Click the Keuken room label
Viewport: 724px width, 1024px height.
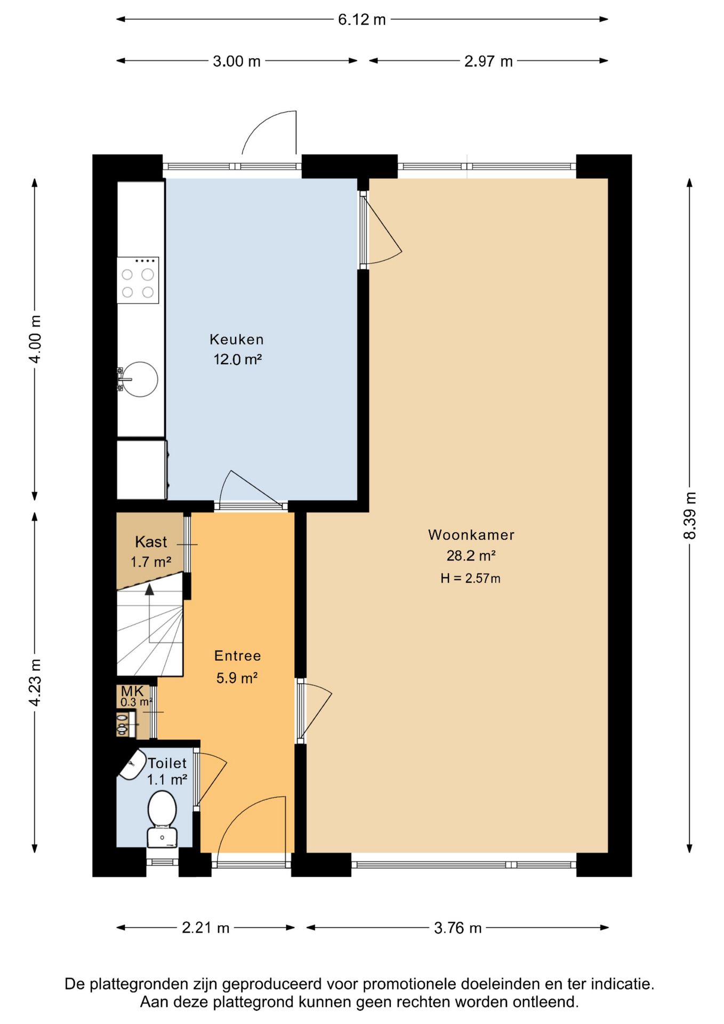(237, 339)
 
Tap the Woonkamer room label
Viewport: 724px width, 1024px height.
(471, 535)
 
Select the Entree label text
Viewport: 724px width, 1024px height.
(238, 655)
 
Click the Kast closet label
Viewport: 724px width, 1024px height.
(151, 542)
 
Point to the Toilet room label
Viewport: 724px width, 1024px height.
(167, 763)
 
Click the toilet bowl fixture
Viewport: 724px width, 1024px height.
(162, 819)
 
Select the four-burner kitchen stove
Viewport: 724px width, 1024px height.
(138, 280)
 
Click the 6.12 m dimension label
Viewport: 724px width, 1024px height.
(362, 20)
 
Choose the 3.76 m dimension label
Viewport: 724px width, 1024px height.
(458, 928)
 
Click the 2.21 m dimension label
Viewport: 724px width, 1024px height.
(206, 928)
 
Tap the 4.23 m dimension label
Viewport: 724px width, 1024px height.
(35, 683)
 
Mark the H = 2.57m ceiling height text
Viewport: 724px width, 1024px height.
(470, 578)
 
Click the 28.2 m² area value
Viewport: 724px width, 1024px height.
(471, 556)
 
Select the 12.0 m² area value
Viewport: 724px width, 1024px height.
(238, 359)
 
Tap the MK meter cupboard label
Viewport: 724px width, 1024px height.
(132, 691)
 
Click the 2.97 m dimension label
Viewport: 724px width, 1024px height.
(488, 61)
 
